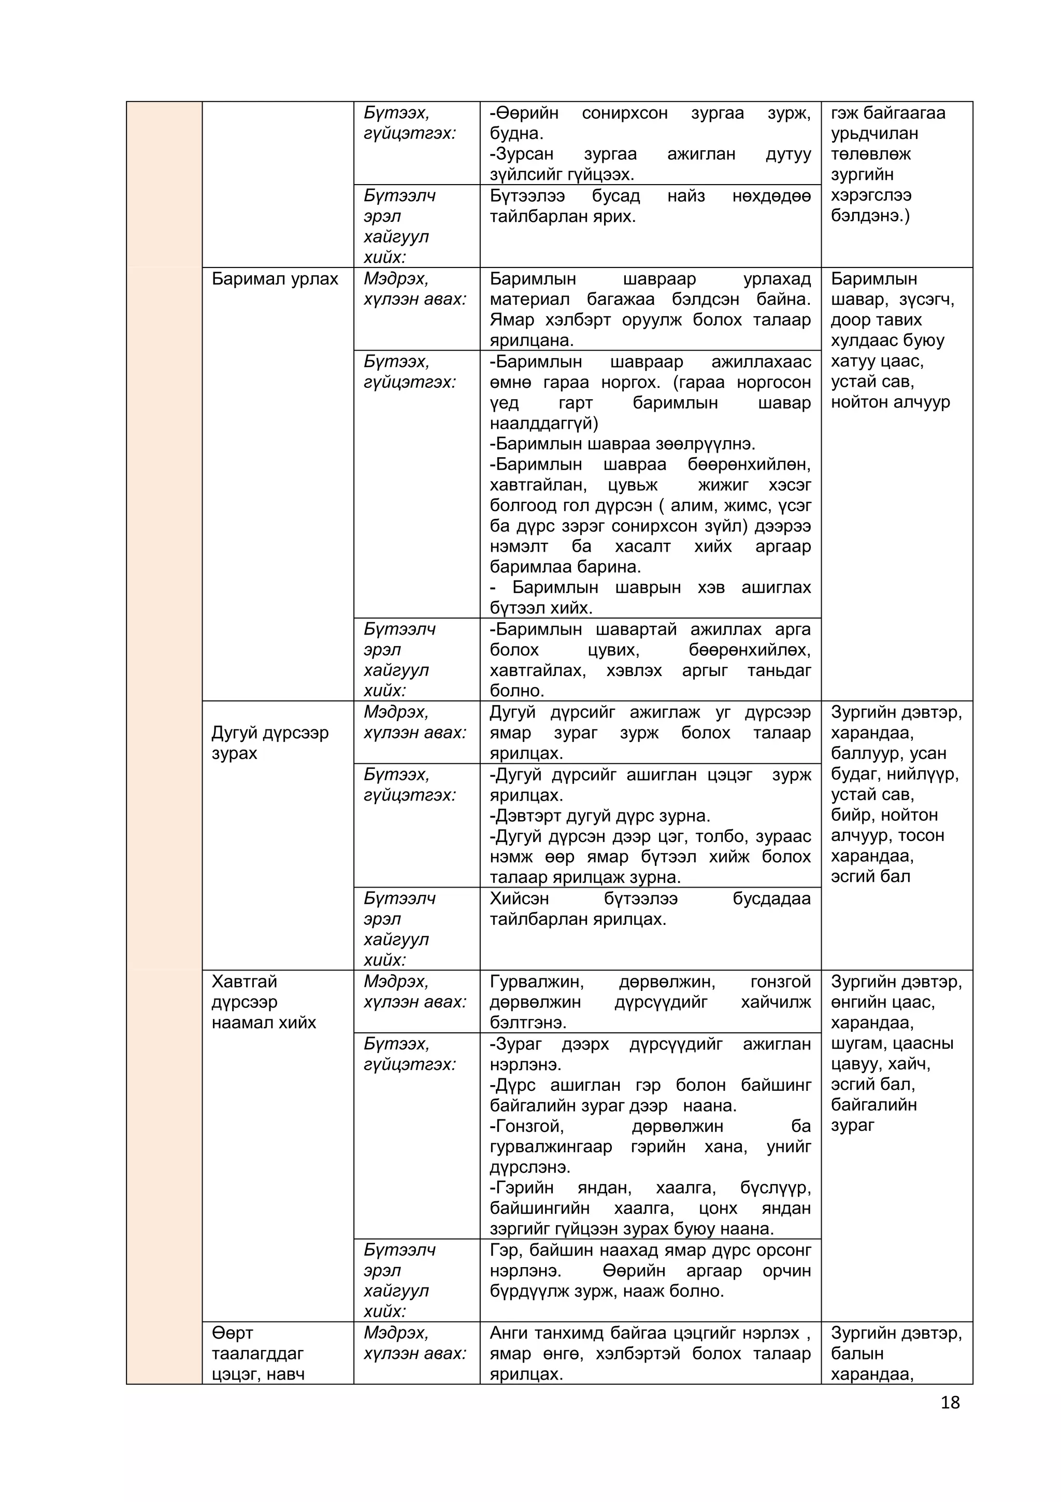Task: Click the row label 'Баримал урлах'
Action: pyautogui.click(x=275, y=279)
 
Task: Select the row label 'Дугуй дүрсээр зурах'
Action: pyautogui.click(x=269, y=743)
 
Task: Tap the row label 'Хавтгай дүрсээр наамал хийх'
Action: pyautogui.click(x=264, y=1002)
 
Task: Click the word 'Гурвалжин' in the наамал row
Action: pyautogui.click(x=536, y=981)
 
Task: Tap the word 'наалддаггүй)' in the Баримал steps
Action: pyautogui.click(x=543, y=423)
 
